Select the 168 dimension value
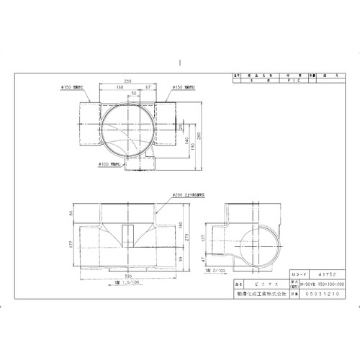[x=120, y=88]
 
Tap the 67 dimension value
[x=148, y=88]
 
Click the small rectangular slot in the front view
[x=127, y=235]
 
